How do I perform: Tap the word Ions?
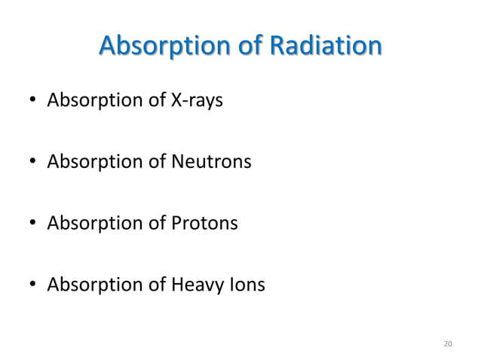coord(248,285)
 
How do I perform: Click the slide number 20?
coord(448,344)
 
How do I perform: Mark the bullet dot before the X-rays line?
coord(32,101)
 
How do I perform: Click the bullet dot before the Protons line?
coord(32,224)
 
